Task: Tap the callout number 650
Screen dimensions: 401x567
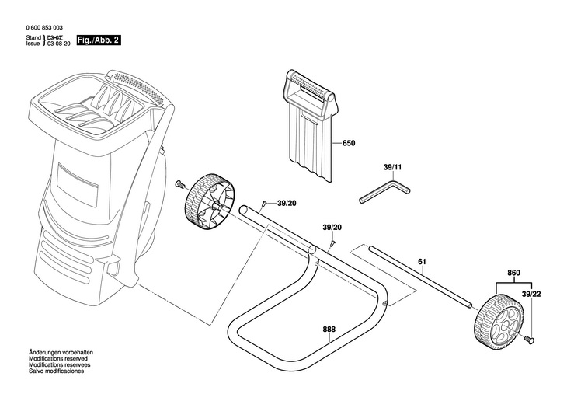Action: click(x=350, y=144)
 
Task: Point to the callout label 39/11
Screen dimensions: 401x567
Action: click(x=393, y=167)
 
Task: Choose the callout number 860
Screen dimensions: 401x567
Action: click(x=513, y=273)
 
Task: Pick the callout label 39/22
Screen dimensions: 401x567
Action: click(x=532, y=295)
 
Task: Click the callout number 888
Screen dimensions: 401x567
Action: click(x=330, y=330)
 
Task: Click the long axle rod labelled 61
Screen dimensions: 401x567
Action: click(x=419, y=277)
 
